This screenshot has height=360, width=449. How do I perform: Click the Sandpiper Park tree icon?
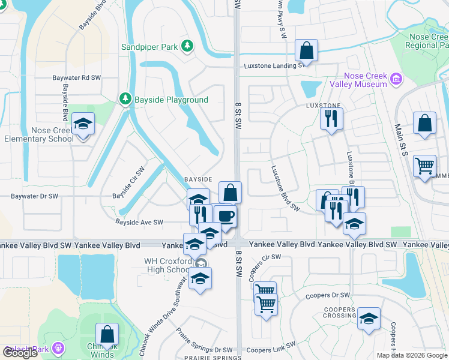click(x=187, y=46)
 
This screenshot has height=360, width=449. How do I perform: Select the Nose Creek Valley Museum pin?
click(x=396, y=79)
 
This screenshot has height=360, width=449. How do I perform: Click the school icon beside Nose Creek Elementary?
click(x=83, y=125)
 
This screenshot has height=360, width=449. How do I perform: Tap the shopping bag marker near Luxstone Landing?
click(x=306, y=51)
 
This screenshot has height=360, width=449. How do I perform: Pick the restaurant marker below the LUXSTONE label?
click(x=330, y=118)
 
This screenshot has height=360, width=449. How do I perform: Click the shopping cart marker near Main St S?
click(x=424, y=165)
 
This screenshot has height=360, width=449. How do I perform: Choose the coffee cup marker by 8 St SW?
click(x=225, y=216)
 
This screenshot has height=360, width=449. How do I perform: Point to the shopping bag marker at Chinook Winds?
click(x=107, y=335)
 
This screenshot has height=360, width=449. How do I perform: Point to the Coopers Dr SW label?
click(x=327, y=296)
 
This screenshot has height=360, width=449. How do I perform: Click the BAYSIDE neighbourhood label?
click(x=198, y=179)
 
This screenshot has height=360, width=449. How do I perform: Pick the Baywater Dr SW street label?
click(x=35, y=196)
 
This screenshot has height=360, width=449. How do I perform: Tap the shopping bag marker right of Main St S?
click(x=424, y=124)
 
